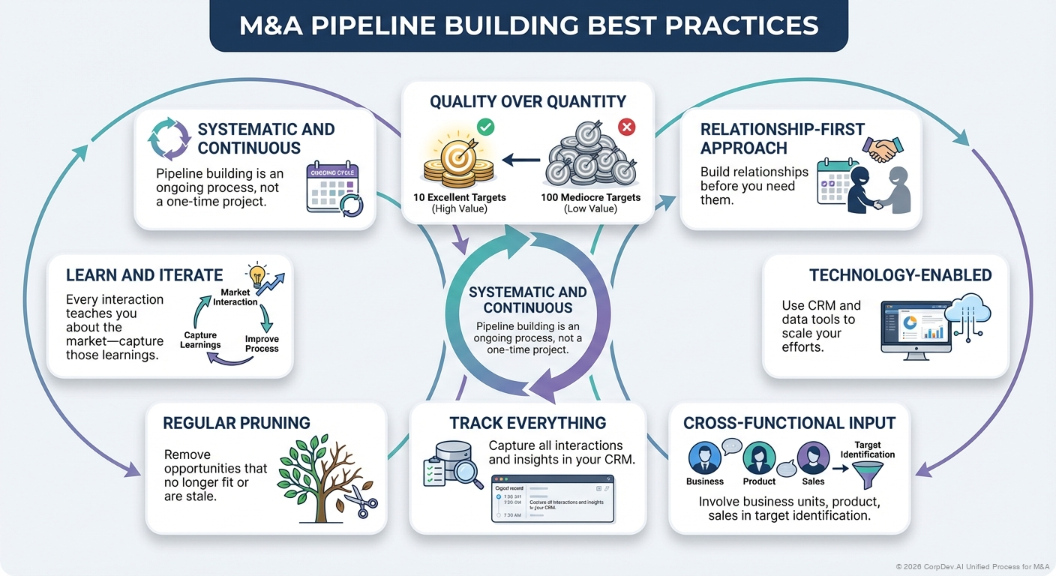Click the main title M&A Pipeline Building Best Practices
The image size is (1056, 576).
pyautogui.click(x=528, y=26)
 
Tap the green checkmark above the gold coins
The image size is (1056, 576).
pyautogui.click(x=485, y=127)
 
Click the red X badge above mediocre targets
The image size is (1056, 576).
pyautogui.click(x=626, y=127)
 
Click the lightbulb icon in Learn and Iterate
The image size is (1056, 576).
pyautogui.click(x=257, y=274)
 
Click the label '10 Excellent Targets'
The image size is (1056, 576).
pyautogui.click(x=459, y=198)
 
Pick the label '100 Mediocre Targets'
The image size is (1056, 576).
pyautogui.click(x=590, y=198)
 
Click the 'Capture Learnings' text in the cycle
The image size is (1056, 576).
pyautogui.click(x=200, y=340)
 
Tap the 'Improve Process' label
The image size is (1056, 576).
pyautogui.click(x=262, y=343)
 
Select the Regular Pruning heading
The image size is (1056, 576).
pyautogui.click(x=236, y=423)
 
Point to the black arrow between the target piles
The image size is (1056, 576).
pyautogui.click(x=520, y=160)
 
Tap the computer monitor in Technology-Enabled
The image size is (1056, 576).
pyautogui.click(x=915, y=326)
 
